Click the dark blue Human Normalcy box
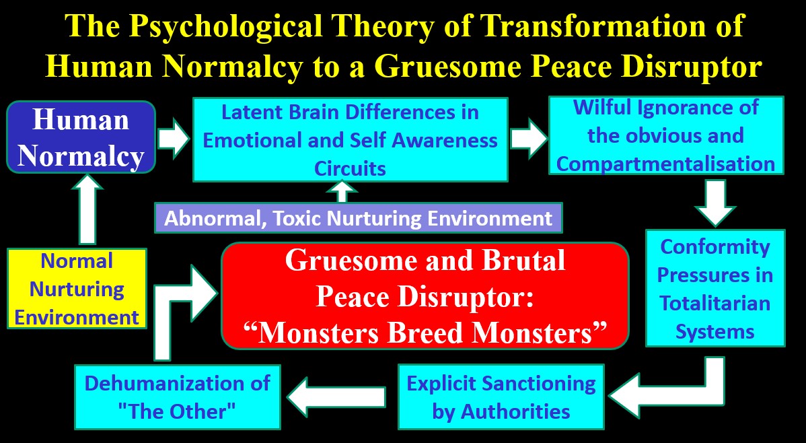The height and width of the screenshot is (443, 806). click(81, 137)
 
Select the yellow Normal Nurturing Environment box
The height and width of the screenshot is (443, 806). click(77, 288)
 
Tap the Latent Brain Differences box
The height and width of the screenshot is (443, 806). click(350, 139)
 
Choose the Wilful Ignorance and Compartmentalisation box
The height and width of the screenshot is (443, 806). click(666, 135)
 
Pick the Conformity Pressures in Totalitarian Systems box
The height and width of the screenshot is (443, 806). click(715, 288)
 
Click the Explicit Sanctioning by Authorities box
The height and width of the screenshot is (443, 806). click(501, 397)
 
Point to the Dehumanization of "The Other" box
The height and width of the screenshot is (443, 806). click(178, 397)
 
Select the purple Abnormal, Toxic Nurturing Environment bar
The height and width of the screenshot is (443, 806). click(359, 218)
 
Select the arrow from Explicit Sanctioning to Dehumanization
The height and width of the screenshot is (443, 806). click(336, 397)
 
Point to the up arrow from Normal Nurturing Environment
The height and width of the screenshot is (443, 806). click(87, 209)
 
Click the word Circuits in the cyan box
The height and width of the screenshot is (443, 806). click(350, 168)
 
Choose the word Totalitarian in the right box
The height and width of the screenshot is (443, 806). click(715, 303)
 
